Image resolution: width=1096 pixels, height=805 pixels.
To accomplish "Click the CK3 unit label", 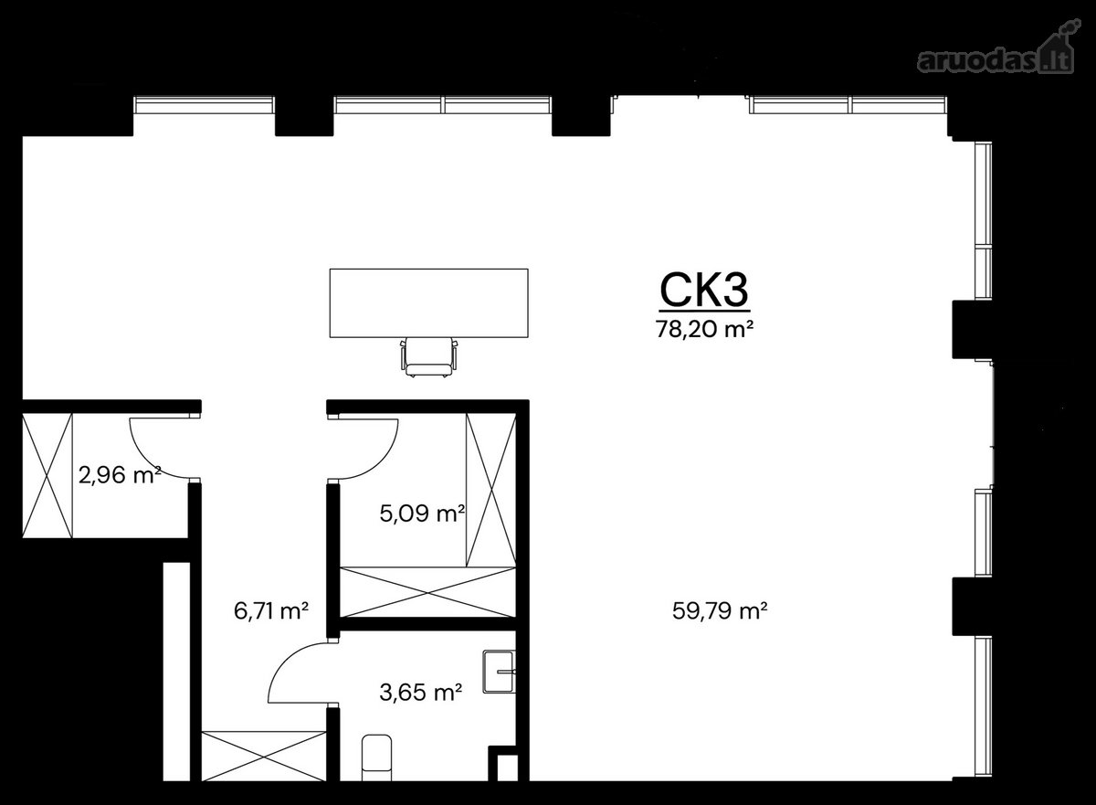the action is click(704, 290).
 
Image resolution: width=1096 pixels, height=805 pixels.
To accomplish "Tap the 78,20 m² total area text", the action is click(704, 330).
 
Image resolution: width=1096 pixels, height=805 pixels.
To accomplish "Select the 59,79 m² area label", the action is click(720, 610).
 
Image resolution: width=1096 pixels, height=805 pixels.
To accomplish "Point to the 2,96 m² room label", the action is click(120, 474).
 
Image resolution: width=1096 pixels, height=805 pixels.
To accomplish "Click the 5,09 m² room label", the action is click(422, 514).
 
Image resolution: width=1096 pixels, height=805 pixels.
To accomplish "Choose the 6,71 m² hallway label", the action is click(271, 610).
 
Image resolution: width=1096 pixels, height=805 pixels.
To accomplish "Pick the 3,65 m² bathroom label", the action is click(421, 693).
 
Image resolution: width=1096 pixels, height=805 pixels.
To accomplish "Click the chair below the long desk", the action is click(428, 356).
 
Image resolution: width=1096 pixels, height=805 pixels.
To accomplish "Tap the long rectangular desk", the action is click(428, 303).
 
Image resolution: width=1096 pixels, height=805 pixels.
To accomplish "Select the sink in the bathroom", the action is click(499, 672).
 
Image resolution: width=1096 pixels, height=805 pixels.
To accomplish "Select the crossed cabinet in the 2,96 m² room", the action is click(47, 475).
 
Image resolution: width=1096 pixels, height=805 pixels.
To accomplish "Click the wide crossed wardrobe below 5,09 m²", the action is click(428, 593).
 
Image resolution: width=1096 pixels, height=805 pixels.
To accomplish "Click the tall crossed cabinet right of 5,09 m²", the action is click(490, 491).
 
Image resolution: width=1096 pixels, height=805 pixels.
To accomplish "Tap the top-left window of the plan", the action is click(204, 105).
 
